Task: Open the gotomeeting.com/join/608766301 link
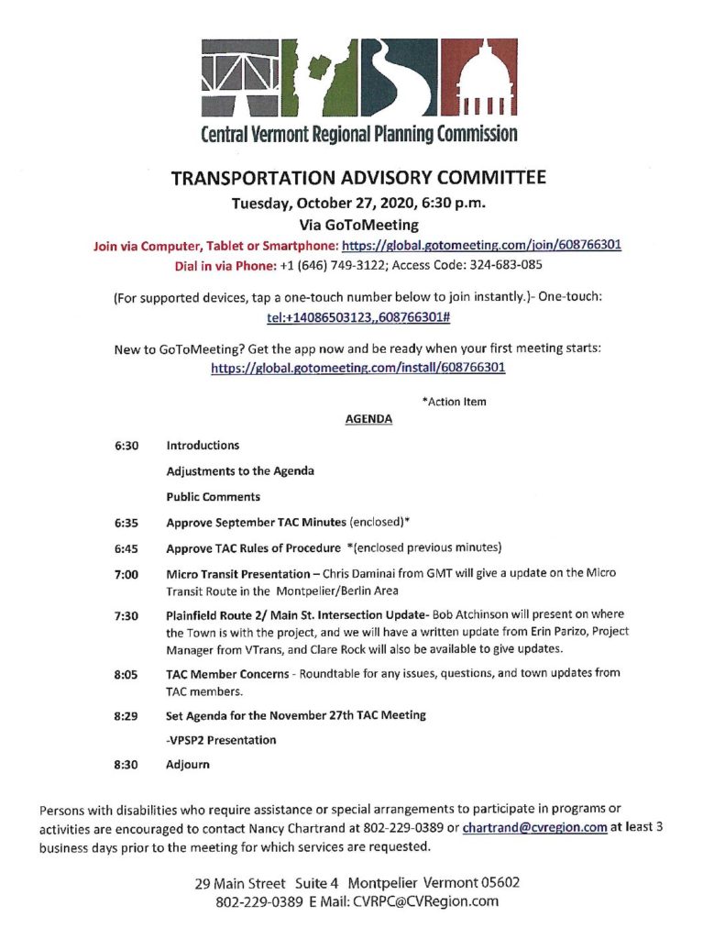(482, 246)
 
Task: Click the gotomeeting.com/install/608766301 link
(358, 368)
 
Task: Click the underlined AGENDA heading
(368, 419)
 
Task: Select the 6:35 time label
(126, 524)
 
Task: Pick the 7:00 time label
(126, 575)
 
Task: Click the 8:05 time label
(126, 673)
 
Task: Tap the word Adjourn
(188, 763)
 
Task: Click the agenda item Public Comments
(213, 497)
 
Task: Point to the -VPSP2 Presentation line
(221, 739)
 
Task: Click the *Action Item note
(454, 402)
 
